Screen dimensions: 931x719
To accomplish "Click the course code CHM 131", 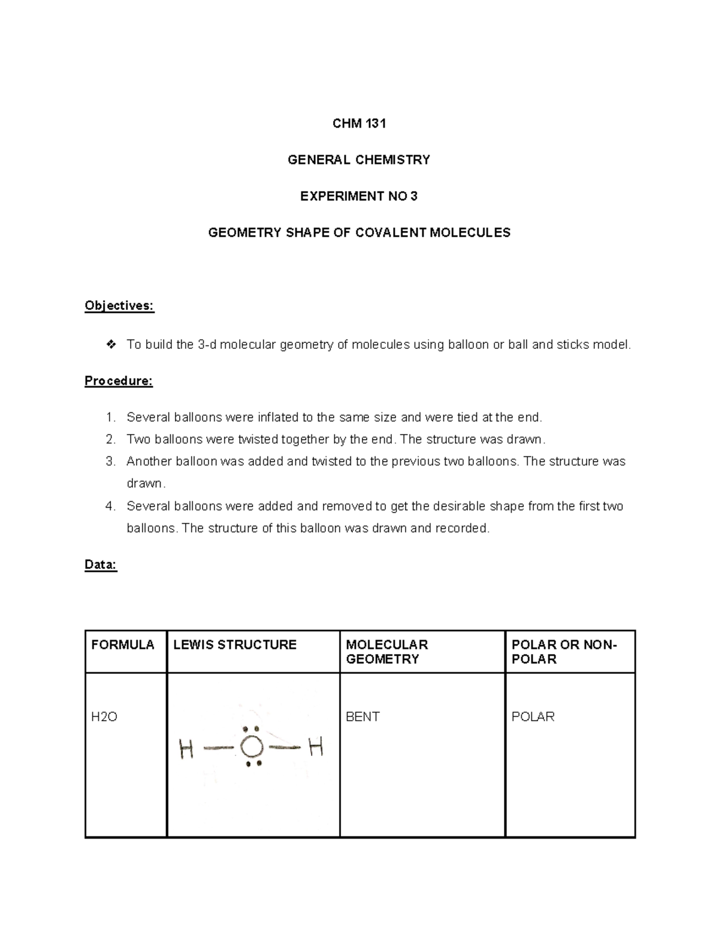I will click(x=359, y=123).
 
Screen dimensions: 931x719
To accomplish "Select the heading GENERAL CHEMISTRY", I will click(x=359, y=159).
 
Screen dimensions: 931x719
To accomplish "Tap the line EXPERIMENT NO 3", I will click(x=359, y=196).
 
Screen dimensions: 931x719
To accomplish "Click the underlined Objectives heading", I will click(x=119, y=306).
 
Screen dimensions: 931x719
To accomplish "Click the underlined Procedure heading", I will click(x=119, y=381).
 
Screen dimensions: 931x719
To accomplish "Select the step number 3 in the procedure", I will click(x=110, y=462).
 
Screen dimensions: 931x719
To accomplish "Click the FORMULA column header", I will click(x=123, y=644).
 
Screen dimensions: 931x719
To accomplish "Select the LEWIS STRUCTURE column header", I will click(x=235, y=644).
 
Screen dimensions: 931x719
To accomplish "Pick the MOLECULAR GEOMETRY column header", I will click(x=387, y=652).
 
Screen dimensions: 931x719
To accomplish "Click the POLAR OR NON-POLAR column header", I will click(x=563, y=652).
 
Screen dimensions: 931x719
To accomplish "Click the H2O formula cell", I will click(x=104, y=716).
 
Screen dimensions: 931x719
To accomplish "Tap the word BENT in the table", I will click(x=362, y=716).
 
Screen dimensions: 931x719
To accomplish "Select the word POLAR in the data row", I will click(x=533, y=716).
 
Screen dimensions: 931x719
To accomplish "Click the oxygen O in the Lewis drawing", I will click(x=252, y=747).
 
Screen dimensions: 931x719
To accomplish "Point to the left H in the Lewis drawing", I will click(x=186, y=749).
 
